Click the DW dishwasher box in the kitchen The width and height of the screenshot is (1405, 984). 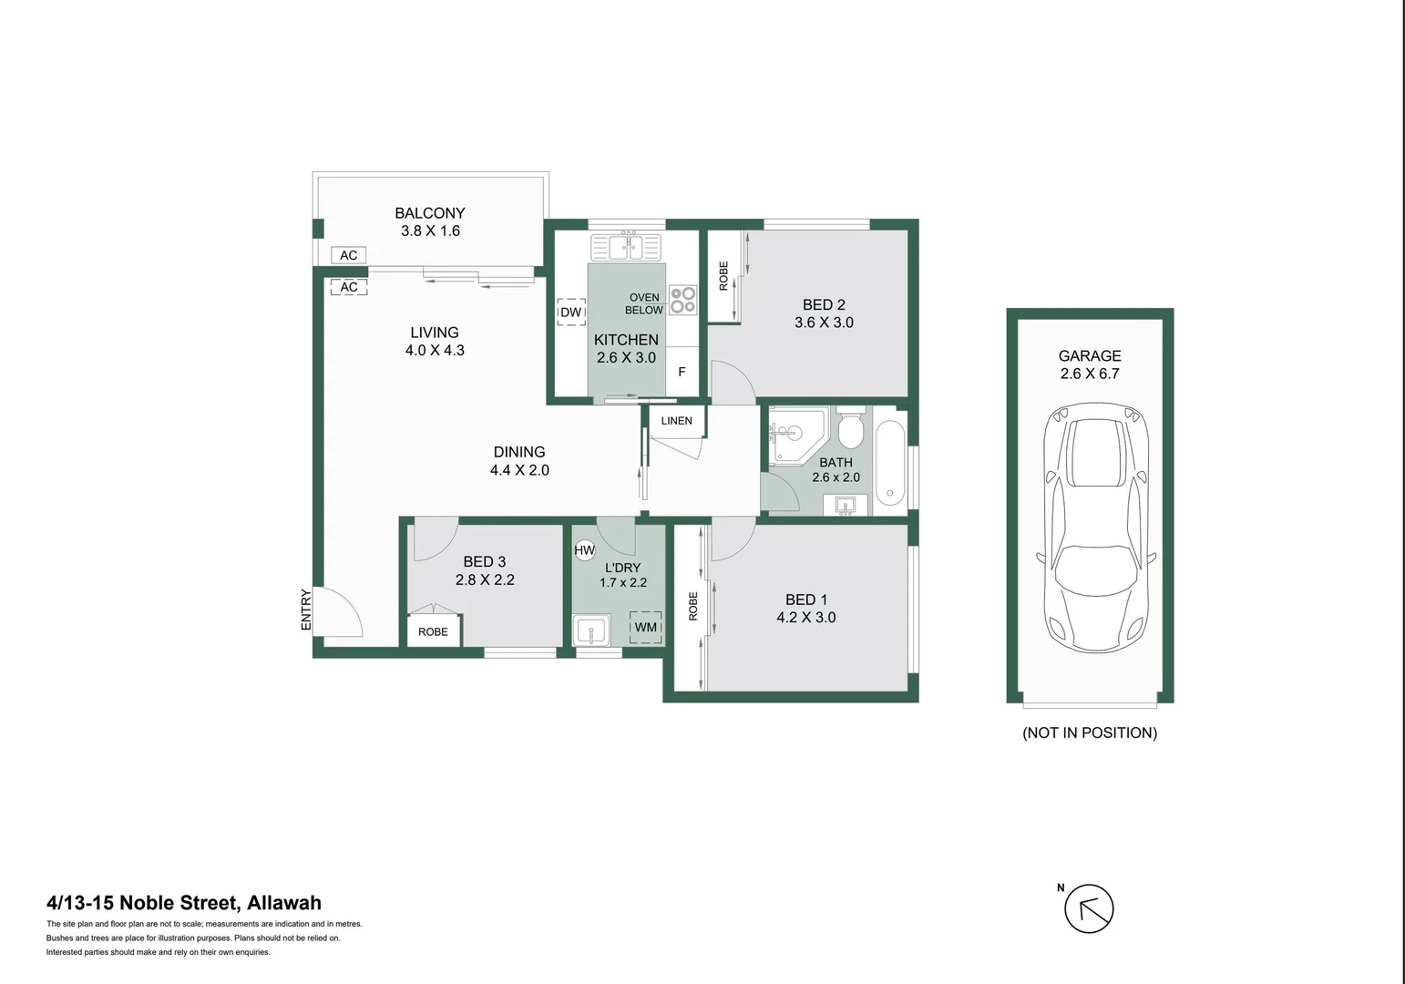click(x=570, y=313)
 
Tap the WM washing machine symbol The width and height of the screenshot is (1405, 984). click(x=646, y=627)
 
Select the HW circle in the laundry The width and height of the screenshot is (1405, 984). click(x=584, y=550)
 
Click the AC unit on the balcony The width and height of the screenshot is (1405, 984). click(x=348, y=255)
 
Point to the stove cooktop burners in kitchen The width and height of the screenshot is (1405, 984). click(x=682, y=300)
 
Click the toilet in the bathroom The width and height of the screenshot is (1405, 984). click(x=850, y=429)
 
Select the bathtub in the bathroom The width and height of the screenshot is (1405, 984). click(x=890, y=462)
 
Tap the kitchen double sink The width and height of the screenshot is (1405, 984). click(x=626, y=247)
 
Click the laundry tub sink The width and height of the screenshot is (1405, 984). click(x=591, y=630)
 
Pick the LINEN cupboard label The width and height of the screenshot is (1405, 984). click(x=676, y=421)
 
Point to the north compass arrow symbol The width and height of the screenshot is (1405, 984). click(x=1089, y=908)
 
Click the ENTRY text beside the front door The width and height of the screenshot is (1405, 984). click(x=306, y=610)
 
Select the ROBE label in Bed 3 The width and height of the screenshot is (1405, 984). click(x=433, y=631)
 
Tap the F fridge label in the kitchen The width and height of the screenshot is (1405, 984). click(x=682, y=372)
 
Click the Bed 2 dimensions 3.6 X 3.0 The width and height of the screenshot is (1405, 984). click(x=824, y=323)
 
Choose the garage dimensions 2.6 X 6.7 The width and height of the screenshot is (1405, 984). click(x=1089, y=374)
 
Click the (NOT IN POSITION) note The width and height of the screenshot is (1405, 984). click(x=1089, y=733)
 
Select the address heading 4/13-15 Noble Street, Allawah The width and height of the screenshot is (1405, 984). click(x=184, y=903)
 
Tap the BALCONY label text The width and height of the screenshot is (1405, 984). click(x=429, y=213)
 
